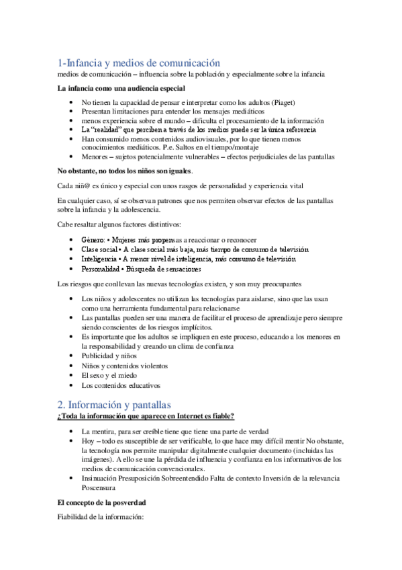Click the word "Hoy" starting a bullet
[88, 440]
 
